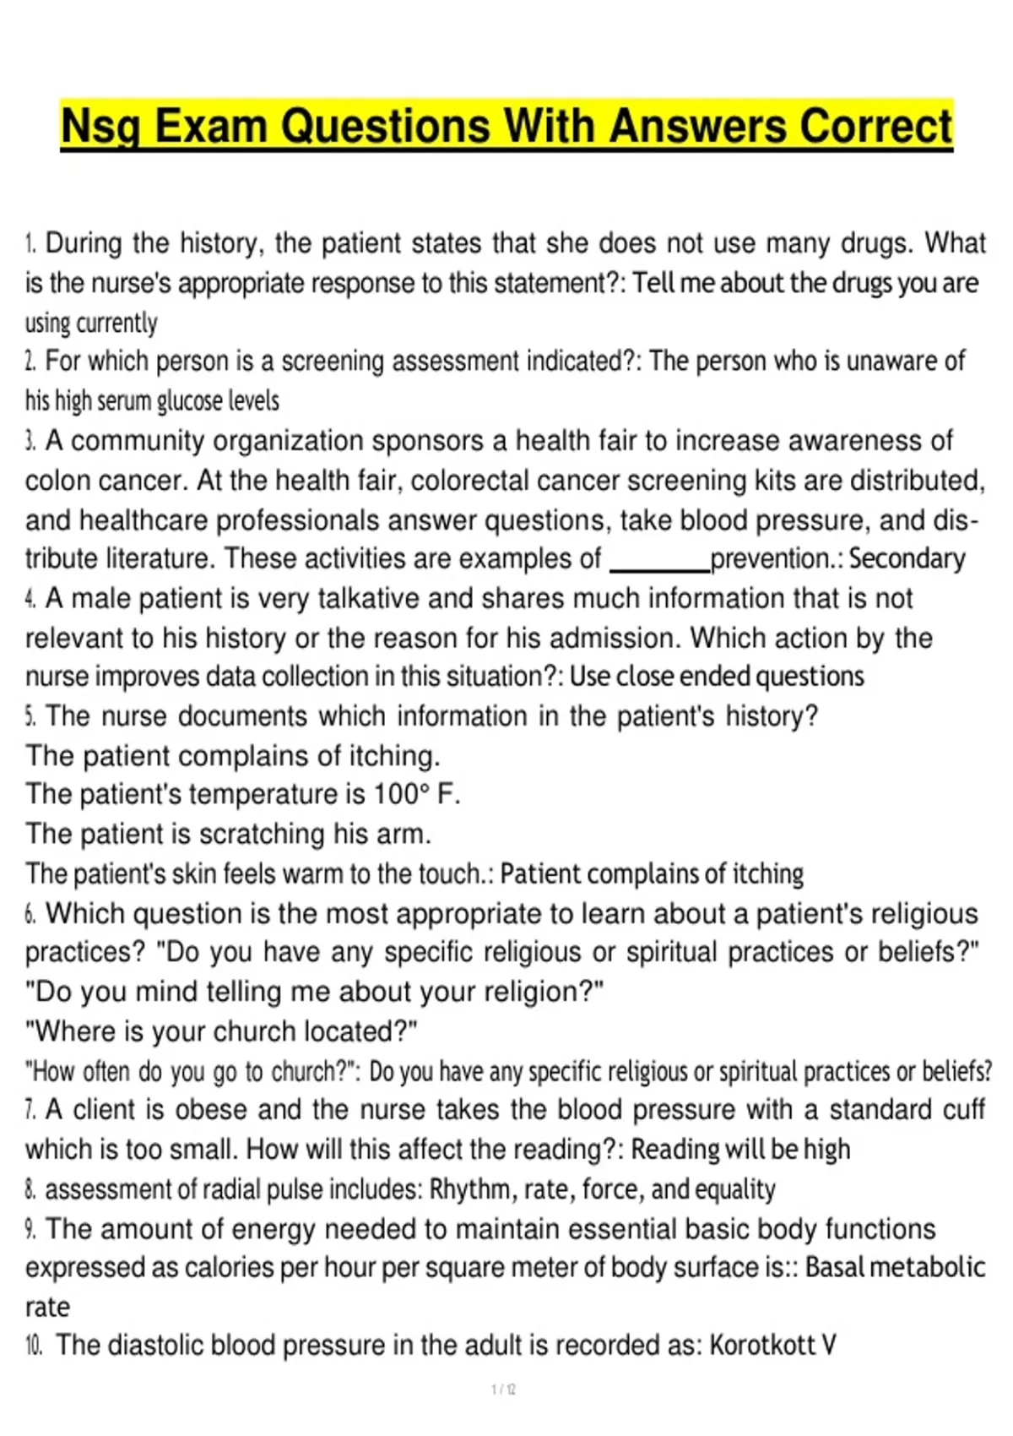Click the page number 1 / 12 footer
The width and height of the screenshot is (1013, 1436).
point(504,1389)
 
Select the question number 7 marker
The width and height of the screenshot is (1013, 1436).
point(30,1110)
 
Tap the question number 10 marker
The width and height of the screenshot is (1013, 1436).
point(34,1346)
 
